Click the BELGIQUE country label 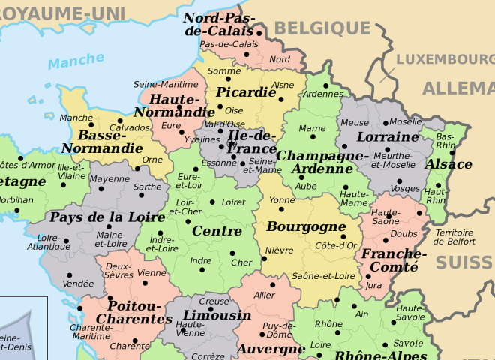pos(322,28)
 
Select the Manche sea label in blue pos(76,60)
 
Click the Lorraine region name pos(387,137)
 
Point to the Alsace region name pos(449,164)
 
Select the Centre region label pos(217,231)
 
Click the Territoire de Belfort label pos(454,237)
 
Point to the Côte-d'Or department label pos(336,245)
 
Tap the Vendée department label pos(79,283)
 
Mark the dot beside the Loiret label pos(213,202)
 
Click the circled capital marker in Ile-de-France pos(232,143)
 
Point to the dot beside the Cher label pos(232,253)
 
